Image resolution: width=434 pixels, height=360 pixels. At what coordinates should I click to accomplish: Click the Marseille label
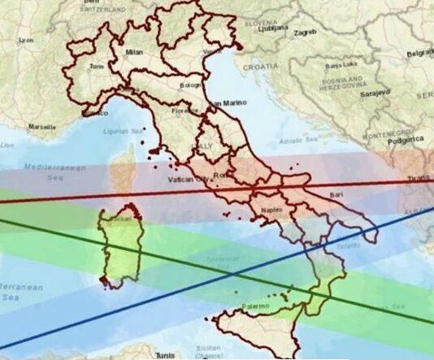click(41, 127)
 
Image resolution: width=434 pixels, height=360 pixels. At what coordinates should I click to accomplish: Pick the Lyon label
click(27, 39)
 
